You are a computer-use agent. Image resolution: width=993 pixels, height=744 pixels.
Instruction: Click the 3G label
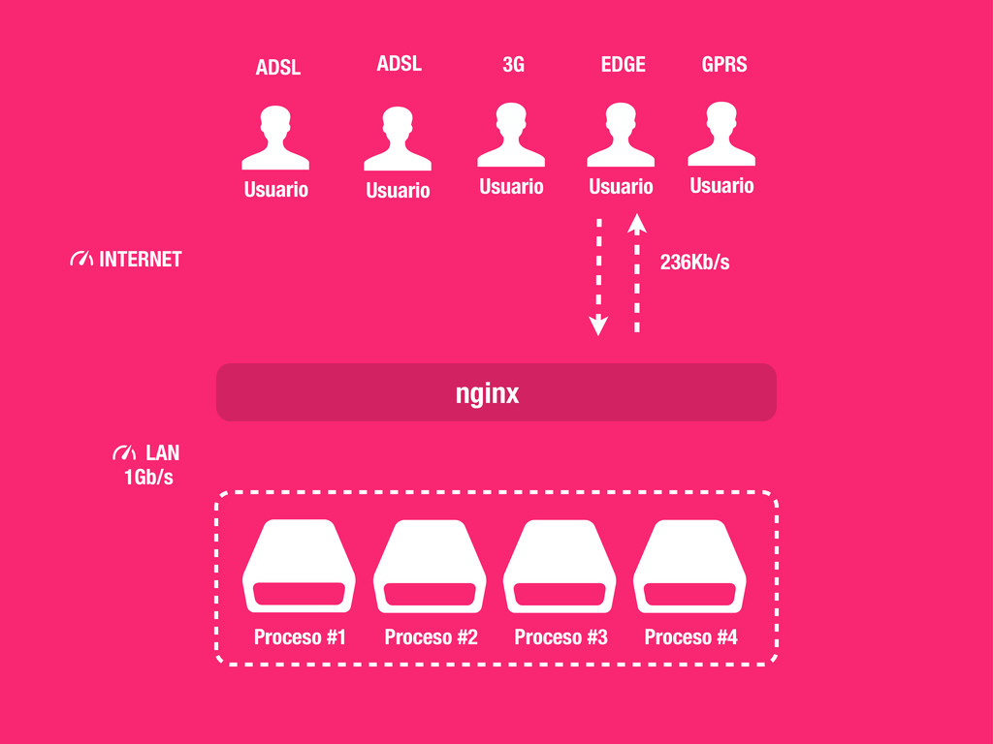coord(513,65)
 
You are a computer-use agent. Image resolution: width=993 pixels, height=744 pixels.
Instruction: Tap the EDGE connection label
coord(623,65)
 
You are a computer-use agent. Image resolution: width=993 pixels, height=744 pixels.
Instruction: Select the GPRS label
coord(724,65)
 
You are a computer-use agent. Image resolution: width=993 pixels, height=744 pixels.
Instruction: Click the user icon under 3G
coord(511,135)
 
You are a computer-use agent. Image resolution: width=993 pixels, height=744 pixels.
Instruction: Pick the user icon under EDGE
coord(621,135)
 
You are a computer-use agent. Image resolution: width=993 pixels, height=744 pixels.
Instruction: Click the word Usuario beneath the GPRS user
coord(721,185)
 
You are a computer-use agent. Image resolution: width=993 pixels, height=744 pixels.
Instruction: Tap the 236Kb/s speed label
coord(694,262)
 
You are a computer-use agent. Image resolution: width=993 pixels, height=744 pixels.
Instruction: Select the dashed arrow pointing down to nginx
coord(598,277)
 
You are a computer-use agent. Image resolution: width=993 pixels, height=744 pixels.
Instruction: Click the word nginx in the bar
coord(488,393)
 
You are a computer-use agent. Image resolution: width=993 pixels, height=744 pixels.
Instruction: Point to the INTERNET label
coord(140,260)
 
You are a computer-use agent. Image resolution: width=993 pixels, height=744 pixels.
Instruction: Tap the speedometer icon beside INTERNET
coord(81,260)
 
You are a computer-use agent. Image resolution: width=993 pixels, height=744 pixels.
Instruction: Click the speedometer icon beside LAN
coord(124,452)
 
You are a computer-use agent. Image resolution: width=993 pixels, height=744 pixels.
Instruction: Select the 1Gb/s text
coord(148,477)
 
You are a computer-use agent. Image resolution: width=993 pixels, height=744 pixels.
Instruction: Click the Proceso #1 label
coord(300,636)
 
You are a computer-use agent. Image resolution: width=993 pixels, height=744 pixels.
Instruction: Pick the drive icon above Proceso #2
coord(430,567)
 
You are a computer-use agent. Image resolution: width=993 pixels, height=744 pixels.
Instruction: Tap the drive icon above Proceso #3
coord(560,567)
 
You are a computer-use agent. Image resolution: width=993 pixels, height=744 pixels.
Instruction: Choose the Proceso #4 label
coord(690,636)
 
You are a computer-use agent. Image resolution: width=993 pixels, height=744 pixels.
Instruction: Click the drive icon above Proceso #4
coord(689,567)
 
